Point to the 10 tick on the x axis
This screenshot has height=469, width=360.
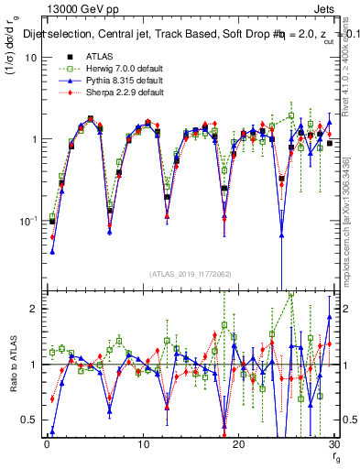pyautogui.click(x=142, y=444)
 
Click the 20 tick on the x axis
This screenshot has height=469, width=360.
pyautogui.click(x=238, y=444)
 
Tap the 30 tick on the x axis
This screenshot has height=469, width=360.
pyautogui.click(x=333, y=444)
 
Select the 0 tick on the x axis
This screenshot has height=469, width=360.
pyautogui.click(x=47, y=444)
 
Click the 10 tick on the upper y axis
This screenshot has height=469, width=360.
pyautogui.click(x=30, y=57)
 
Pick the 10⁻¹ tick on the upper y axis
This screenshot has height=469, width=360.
pyautogui.click(x=27, y=221)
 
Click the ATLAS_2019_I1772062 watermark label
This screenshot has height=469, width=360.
pyautogui.click(x=190, y=274)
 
